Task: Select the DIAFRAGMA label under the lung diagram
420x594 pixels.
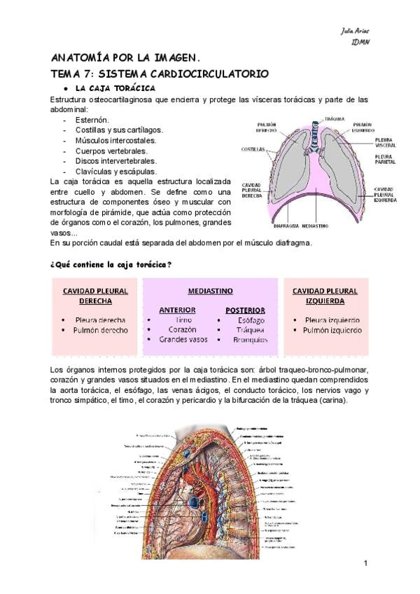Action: coord(288,226)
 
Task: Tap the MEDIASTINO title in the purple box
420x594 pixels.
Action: coord(210,290)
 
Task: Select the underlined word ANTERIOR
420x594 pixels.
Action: coord(177,309)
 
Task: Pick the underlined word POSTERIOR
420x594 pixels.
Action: coord(245,309)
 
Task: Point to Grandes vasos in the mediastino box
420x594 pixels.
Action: coord(183,340)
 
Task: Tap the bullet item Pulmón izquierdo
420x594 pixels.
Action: coord(332,330)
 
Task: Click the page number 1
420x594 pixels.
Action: coord(366,564)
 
